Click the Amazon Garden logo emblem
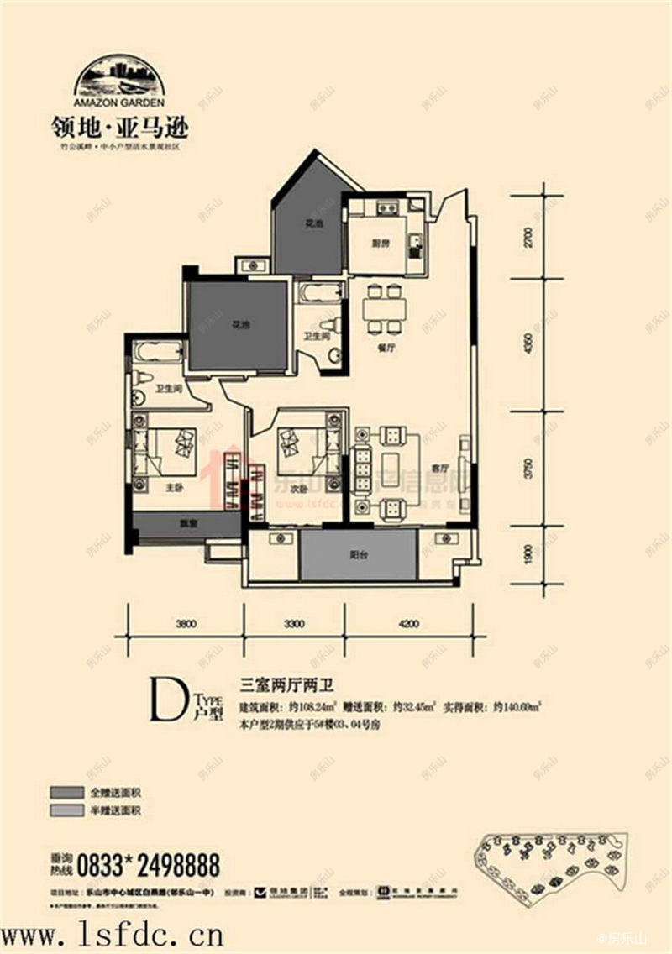point(118,76)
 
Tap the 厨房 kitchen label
point(381,244)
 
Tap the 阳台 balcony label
point(358,554)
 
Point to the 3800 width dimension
point(186,624)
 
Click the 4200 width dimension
point(408,624)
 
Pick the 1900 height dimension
point(528,555)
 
